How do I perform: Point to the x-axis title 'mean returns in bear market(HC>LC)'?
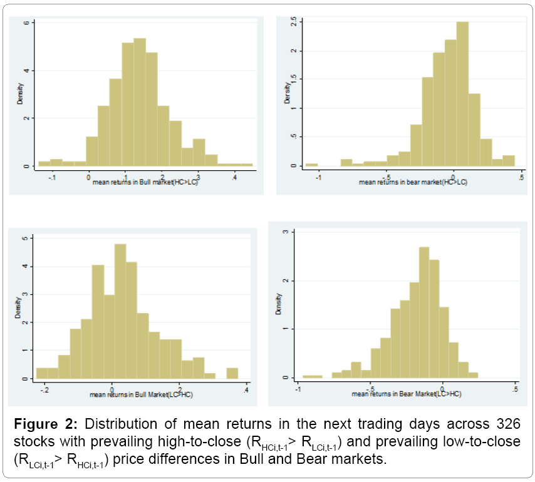pos(413,183)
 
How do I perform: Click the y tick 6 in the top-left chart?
pos(25,23)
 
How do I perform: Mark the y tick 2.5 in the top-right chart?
pos(293,23)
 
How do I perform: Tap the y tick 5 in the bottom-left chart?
pos(24,238)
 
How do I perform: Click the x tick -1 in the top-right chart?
pos(319,178)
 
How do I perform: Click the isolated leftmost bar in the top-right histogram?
pos(311,165)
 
